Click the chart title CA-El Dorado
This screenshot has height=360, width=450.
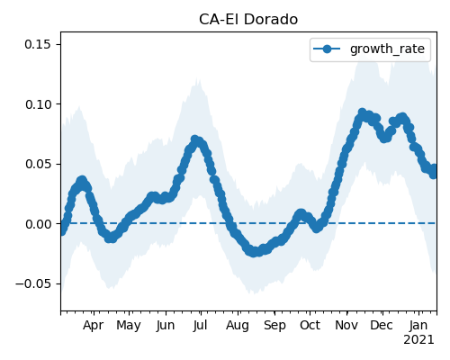point(248,20)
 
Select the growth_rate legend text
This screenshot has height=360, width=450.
point(387,49)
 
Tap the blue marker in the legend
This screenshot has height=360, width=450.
point(327,49)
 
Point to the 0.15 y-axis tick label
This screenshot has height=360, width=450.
point(38,44)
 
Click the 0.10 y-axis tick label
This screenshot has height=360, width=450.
point(38,104)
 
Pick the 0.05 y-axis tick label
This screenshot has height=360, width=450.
point(38,164)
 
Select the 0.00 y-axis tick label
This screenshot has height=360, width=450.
point(38,224)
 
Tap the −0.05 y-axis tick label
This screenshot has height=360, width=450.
point(33,283)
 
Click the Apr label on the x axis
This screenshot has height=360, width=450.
point(94,325)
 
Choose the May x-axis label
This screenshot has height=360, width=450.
point(129,325)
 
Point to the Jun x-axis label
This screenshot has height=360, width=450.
point(166,325)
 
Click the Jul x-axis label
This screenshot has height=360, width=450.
point(201,325)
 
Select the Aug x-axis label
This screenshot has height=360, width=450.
point(238,325)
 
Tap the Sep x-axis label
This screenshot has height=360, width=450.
point(274,325)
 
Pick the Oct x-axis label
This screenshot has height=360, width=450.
point(310,325)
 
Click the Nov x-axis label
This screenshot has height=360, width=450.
point(346,325)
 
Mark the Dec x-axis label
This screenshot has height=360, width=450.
point(382,325)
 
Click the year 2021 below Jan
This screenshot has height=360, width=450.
point(418,340)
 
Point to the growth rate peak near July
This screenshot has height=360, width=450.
point(195,139)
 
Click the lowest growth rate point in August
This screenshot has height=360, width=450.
point(254,252)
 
